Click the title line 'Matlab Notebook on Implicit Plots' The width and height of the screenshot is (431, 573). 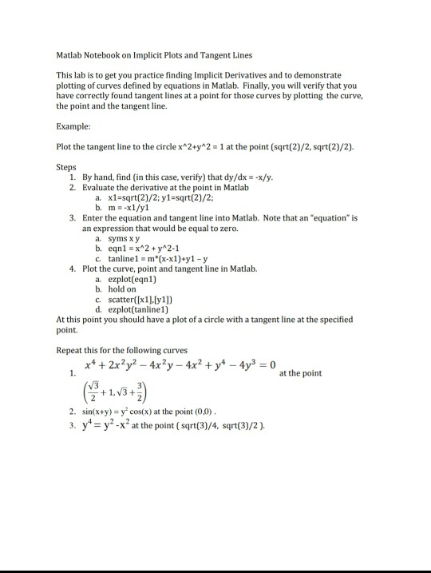(x=154, y=55)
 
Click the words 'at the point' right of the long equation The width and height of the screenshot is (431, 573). (x=300, y=372)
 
